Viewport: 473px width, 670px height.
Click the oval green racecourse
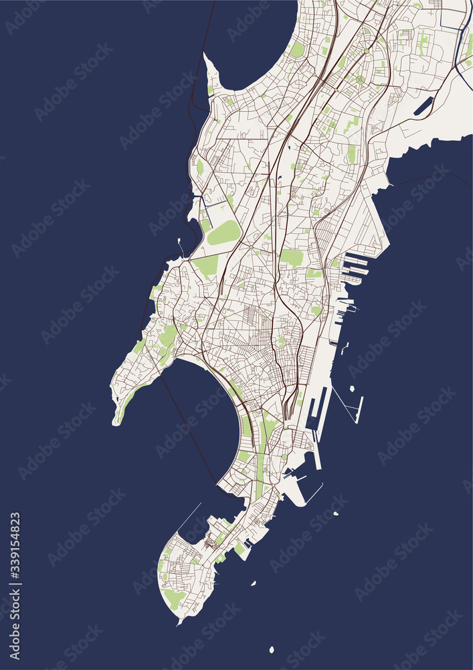pyautogui.click(x=224, y=233)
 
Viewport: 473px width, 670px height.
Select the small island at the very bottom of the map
pyautogui.click(x=272, y=649)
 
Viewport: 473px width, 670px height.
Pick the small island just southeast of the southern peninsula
pyautogui.click(x=253, y=584)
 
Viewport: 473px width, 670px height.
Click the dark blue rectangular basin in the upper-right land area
pyautogui.click(x=423, y=106)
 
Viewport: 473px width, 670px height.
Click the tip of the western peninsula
pyautogui.click(x=117, y=420)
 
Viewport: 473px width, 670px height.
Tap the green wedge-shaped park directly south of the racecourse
pyautogui.click(x=207, y=265)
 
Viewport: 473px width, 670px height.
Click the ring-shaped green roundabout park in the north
pyautogui.click(x=360, y=80)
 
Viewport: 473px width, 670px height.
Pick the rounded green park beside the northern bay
pyautogui.click(x=297, y=49)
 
